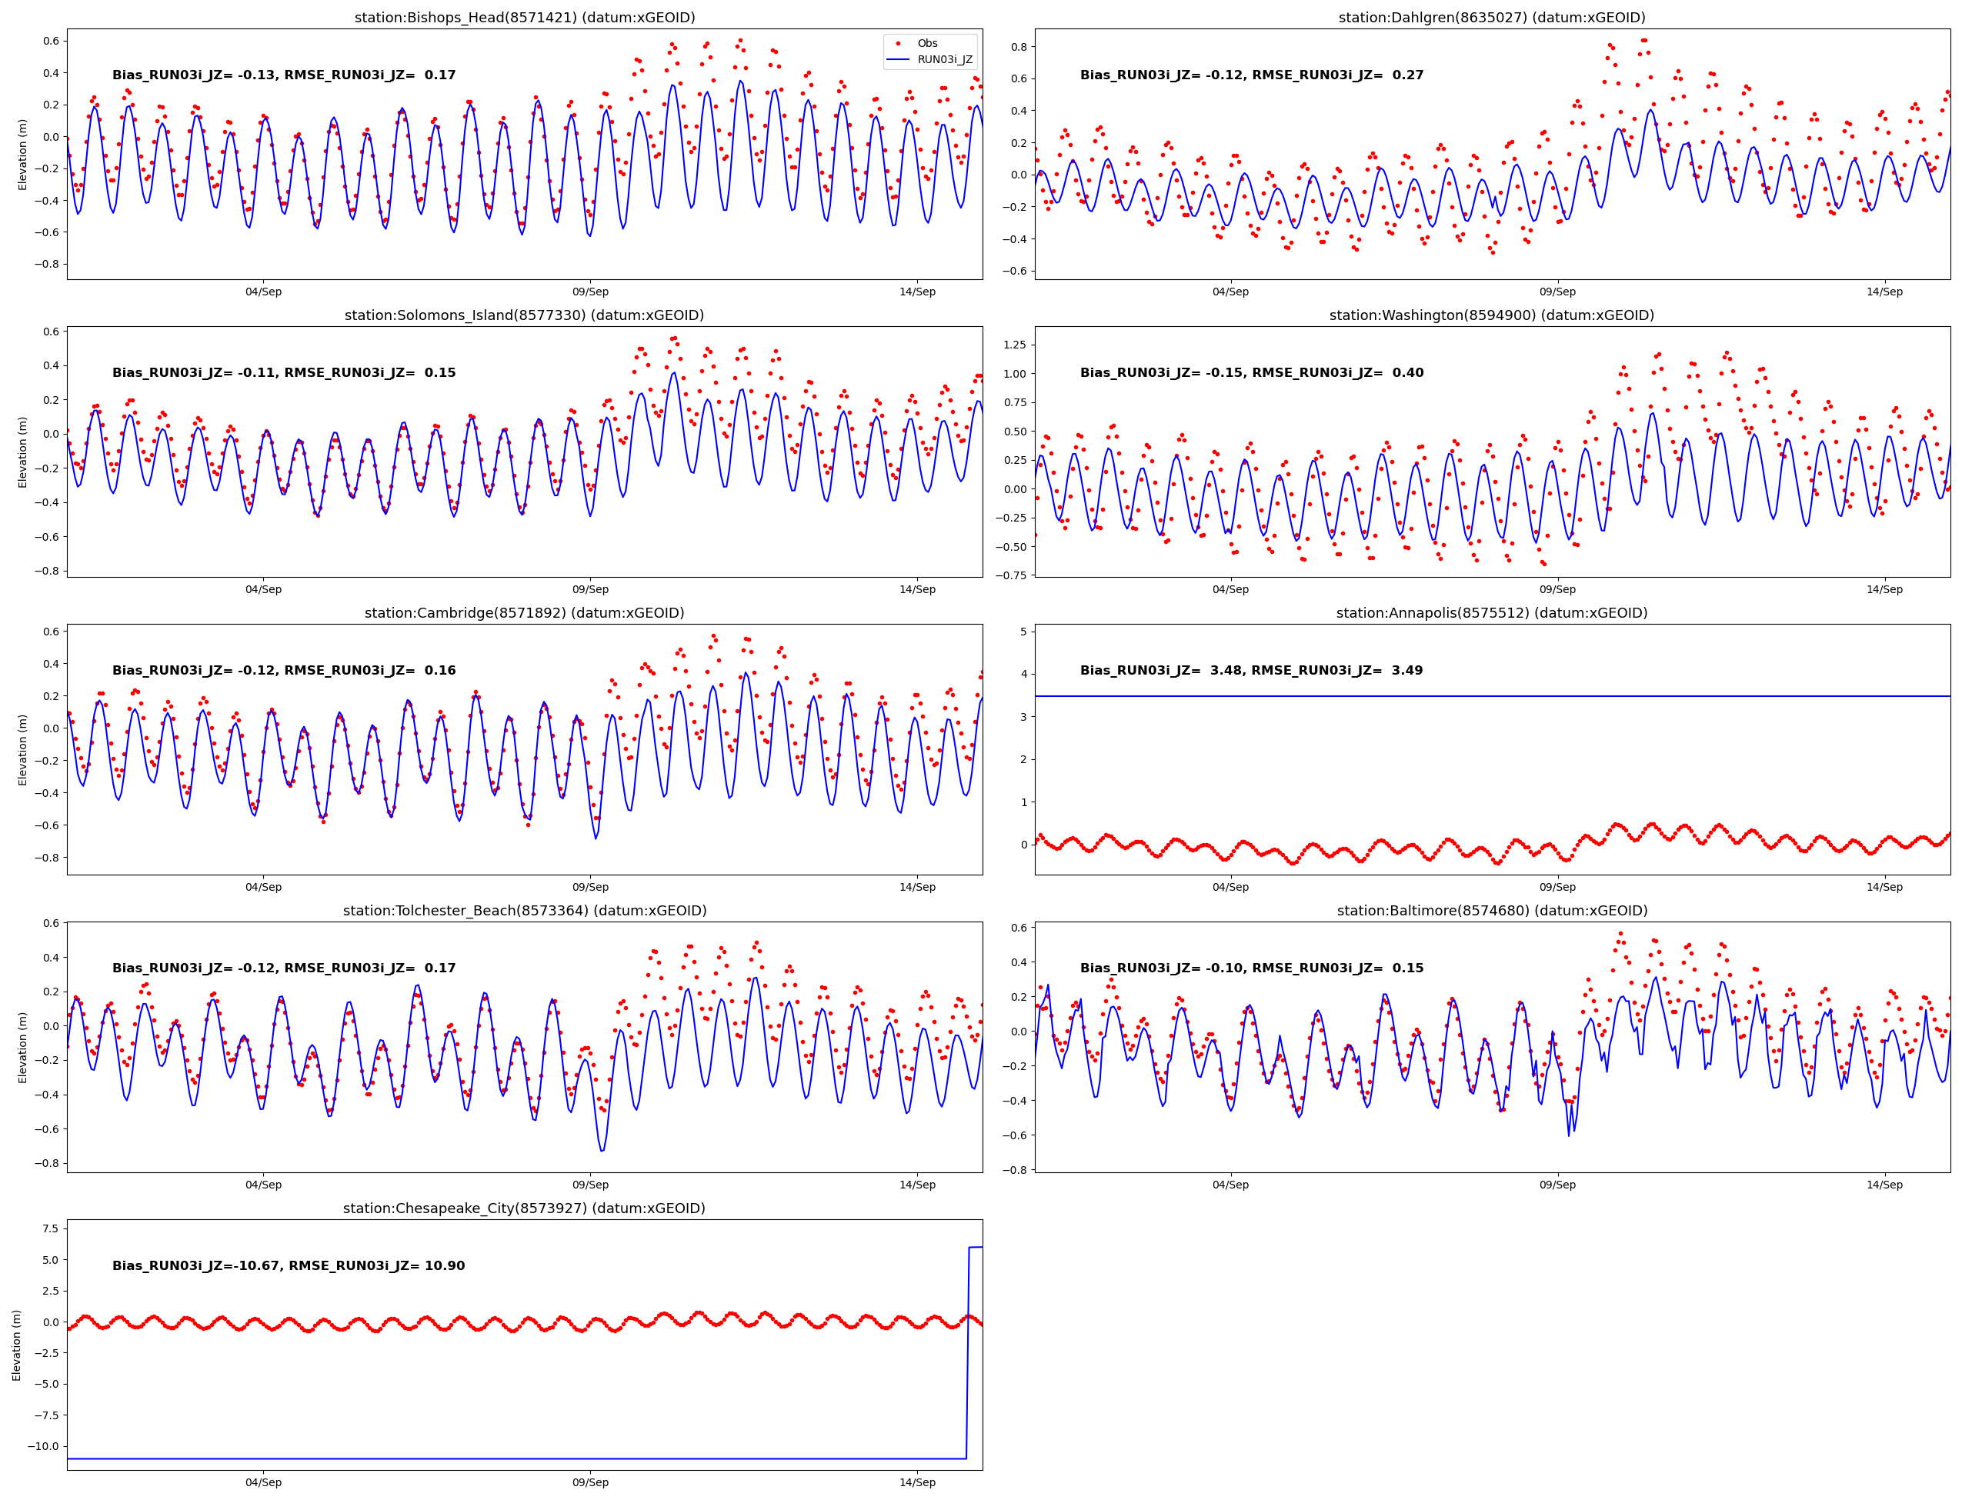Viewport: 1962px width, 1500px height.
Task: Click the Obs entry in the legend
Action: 927,43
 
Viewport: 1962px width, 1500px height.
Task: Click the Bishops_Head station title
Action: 524,17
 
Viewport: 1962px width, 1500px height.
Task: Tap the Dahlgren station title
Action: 1491,17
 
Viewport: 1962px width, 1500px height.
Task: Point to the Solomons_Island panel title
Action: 524,315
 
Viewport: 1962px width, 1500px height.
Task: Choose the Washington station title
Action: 1491,315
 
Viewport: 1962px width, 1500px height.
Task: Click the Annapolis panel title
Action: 1491,612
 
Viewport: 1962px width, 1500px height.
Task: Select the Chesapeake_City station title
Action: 524,1208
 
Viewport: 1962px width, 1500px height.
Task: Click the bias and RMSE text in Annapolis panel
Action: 1251,671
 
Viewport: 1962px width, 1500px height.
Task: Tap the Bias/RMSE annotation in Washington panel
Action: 1251,372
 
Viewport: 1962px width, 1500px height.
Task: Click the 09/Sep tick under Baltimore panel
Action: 1557,1185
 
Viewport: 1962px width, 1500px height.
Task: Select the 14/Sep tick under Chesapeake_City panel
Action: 917,1482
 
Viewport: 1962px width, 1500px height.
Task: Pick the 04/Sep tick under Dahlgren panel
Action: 1230,292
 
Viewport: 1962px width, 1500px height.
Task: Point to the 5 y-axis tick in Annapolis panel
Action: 1023,632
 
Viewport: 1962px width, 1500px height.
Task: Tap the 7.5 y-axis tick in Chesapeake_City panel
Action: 50,1228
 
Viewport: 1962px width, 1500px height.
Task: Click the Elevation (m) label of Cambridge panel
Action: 22,749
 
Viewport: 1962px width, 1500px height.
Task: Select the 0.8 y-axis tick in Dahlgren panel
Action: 1018,46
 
